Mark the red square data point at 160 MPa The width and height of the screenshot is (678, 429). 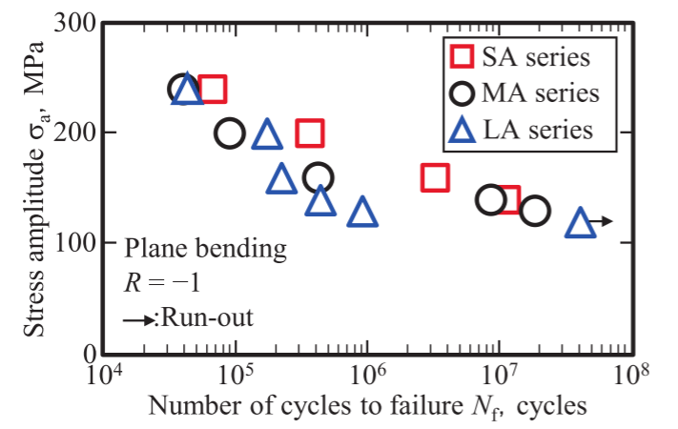coord(435,177)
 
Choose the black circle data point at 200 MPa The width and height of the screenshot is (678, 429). coord(230,133)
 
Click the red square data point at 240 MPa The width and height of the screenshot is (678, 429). coord(212,90)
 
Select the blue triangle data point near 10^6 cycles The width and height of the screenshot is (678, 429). coord(362,214)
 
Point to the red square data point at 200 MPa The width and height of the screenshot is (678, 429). coord(310,133)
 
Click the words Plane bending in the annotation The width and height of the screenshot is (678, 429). coord(205,251)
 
